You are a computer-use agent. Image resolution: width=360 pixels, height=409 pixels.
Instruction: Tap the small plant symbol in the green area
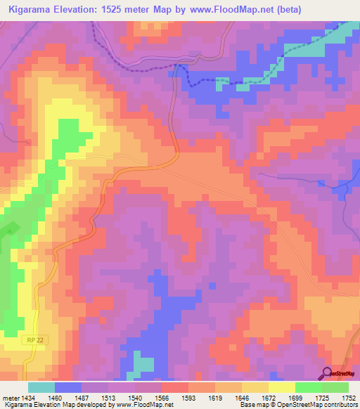tap(10, 228)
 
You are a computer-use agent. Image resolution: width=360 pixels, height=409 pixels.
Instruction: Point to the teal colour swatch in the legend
tap(41, 387)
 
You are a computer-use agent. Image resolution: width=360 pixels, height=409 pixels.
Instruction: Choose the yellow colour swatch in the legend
tap(281, 387)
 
